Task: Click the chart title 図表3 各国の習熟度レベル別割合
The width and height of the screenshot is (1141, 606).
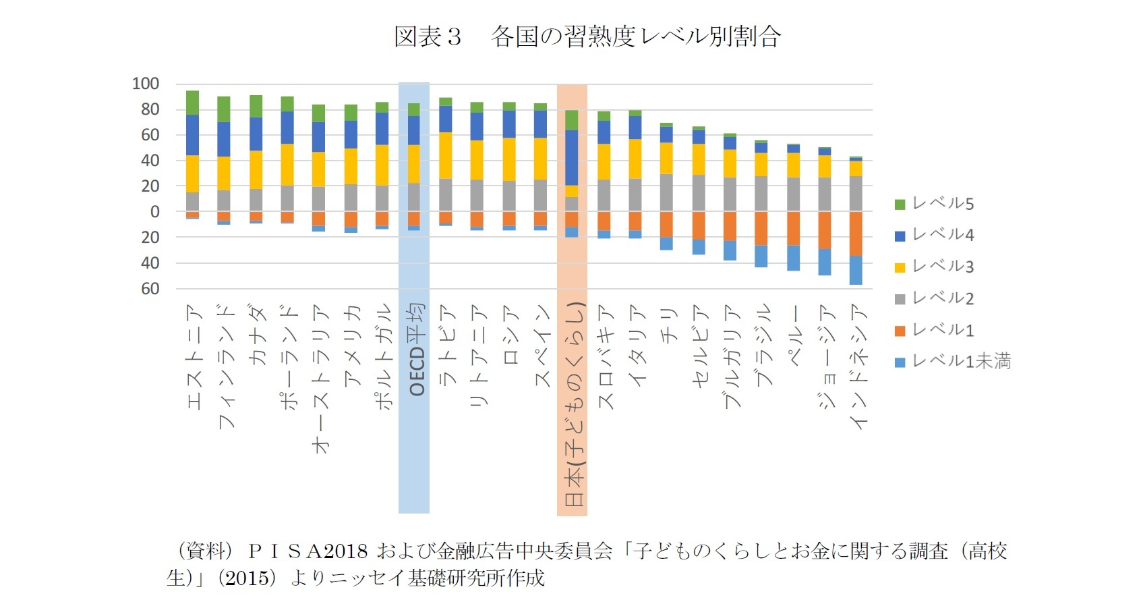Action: pos(587,36)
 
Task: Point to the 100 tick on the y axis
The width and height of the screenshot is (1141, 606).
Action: pos(146,84)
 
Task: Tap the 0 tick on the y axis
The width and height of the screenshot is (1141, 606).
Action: pos(154,212)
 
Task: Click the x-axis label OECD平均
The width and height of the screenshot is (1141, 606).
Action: pos(417,350)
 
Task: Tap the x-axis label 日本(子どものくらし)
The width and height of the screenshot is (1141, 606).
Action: pos(574,405)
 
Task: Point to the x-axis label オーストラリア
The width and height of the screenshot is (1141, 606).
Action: pos(321,378)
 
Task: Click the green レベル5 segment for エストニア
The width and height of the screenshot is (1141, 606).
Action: pos(192,103)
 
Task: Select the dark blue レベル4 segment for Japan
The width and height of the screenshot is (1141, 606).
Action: pos(572,157)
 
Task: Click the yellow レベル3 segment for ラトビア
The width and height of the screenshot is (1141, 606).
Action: pos(445,155)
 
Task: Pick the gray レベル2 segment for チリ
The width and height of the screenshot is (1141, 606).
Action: pos(666,193)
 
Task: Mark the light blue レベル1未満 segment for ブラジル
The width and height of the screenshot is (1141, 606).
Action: pos(761,256)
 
